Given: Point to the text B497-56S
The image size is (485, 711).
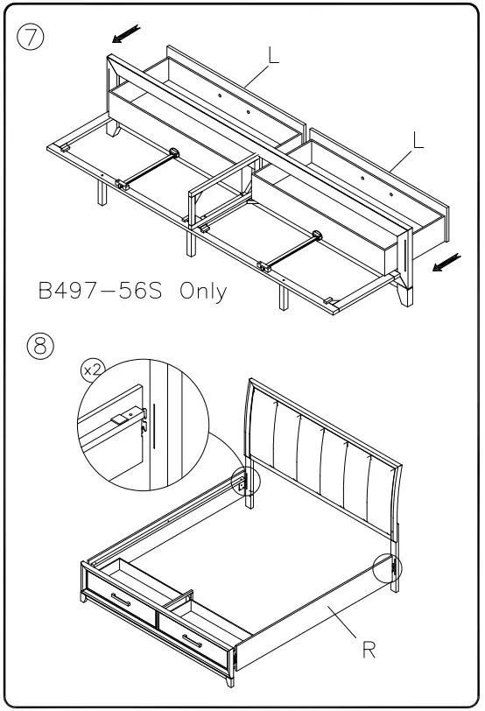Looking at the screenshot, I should click(x=102, y=291).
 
